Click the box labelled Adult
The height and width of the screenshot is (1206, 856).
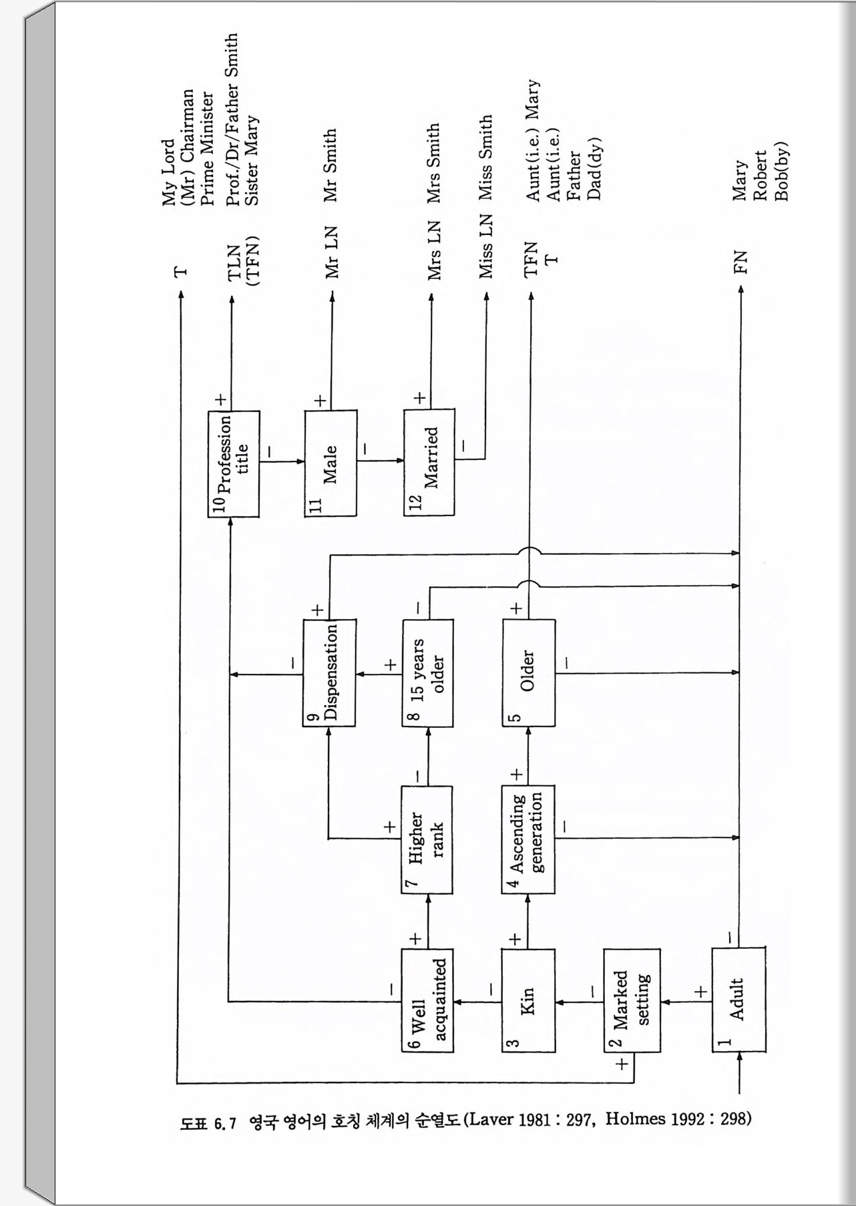pyautogui.click(x=738, y=999)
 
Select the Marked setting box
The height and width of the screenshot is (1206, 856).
pyautogui.click(x=631, y=1000)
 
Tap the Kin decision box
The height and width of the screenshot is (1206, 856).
pyautogui.click(x=528, y=1000)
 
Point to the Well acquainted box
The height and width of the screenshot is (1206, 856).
pyautogui.click(x=427, y=1000)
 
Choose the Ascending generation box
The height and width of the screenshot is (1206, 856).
pyautogui.click(x=528, y=839)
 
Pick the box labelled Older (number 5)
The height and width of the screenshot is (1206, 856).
pyautogui.click(x=528, y=672)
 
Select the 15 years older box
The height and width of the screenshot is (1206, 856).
pyautogui.click(x=427, y=672)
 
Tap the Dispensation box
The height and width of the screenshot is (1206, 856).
pyautogui.click(x=329, y=672)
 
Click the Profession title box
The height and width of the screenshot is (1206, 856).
pyautogui.click(x=233, y=463)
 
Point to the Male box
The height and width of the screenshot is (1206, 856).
pyautogui.click(x=331, y=463)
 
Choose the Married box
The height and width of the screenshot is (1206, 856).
pyautogui.click(x=429, y=462)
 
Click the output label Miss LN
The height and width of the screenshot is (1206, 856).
pyautogui.click(x=485, y=246)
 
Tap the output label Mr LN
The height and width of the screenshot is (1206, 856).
pyautogui.click(x=331, y=252)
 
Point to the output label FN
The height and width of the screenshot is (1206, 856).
pyautogui.click(x=740, y=262)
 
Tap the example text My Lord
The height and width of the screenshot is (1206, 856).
pyautogui.click(x=168, y=172)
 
